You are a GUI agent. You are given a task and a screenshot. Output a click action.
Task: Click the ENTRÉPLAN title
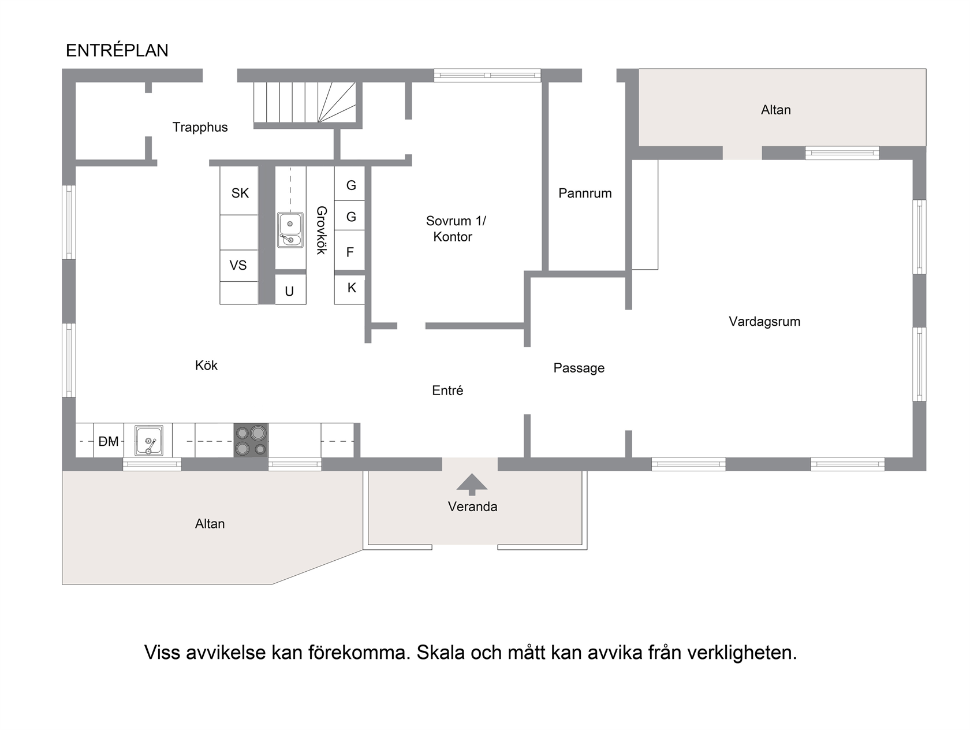click(x=117, y=51)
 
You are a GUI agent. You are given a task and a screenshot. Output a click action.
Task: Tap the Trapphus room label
click(x=200, y=127)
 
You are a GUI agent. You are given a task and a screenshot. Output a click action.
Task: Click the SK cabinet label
click(x=240, y=193)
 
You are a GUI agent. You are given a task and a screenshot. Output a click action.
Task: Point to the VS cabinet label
click(x=238, y=265)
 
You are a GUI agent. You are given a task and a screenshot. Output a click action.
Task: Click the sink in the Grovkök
click(x=290, y=230)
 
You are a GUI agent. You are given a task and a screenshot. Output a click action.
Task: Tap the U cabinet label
click(x=289, y=291)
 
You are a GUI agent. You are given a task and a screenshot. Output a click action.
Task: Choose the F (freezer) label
click(x=350, y=252)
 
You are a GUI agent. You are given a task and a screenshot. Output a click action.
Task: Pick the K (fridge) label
click(x=352, y=288)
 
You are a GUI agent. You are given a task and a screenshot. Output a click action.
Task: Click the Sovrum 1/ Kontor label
click(x=455, y=229)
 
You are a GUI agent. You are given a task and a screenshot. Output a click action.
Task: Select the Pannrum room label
click(x=585, y=193)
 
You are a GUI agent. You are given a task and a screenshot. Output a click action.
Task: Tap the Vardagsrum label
click(x=764, y=321)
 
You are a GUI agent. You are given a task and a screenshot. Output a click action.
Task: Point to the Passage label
click(x=579, y=368)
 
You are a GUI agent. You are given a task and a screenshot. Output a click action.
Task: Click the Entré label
click(x=447, y=390)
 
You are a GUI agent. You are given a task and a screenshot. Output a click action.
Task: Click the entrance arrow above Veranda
click(x=472, y=485)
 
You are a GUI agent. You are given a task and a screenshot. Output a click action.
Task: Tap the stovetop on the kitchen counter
click(x=251, y=440)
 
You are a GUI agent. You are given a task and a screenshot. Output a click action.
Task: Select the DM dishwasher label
click(x=109, y=441)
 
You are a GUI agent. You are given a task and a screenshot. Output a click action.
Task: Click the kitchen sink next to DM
click(x=148, y=441)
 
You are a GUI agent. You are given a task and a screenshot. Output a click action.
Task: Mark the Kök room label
click(x=206, y=366)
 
